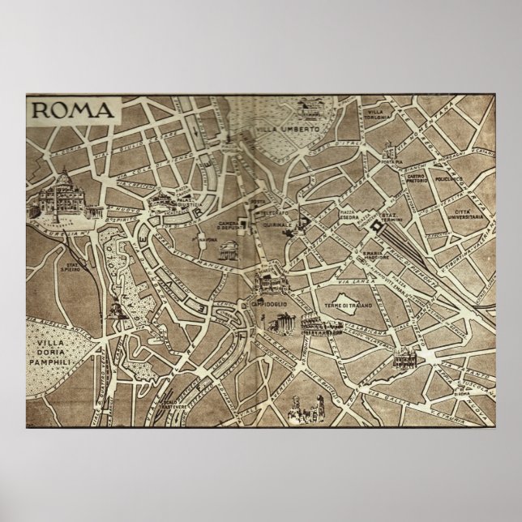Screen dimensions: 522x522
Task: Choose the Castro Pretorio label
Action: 417,179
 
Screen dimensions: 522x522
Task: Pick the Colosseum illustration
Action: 314,326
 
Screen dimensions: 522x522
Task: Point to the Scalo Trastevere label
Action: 173,402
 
